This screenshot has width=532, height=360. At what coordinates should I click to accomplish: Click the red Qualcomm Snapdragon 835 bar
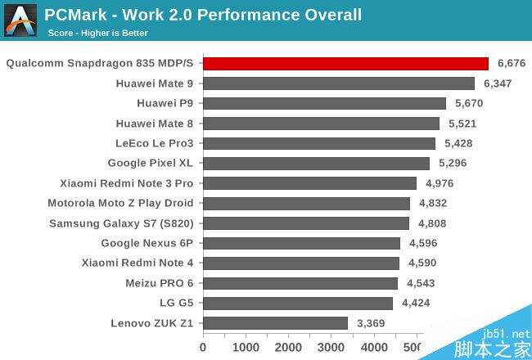tap(345, 64)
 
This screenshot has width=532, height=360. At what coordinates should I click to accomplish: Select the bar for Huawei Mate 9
tap(339, 83)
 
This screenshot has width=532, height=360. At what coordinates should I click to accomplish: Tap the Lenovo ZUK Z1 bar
tap(275, 323)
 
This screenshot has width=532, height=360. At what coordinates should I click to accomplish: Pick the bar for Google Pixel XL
tap(316, 163)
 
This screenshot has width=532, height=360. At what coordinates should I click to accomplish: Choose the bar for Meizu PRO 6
tap(300, 283)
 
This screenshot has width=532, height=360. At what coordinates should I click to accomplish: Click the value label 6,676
tap(510, 64)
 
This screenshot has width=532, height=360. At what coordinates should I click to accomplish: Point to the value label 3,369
tap(370, 323)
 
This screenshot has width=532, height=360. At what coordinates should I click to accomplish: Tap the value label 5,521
tap(461, 124)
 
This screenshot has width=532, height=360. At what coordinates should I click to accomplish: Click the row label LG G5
tap(170, 303)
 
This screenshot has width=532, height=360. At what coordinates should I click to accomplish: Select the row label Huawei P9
tap(165, 103)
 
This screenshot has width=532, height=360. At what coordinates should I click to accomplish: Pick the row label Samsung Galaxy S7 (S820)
tap(121, 223)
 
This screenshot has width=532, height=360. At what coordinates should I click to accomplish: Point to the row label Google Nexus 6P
tap(147, 243)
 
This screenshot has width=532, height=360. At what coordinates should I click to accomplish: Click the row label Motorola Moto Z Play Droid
tap(120, 203)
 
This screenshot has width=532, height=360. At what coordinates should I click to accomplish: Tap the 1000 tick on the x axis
tap(246, 348)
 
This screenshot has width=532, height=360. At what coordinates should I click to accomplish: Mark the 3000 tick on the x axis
tap(331, 348)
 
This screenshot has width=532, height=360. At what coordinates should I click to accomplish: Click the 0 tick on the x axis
tap(203, 348)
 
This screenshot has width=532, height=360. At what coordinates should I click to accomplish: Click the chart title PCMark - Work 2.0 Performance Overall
tap(203, 15)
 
